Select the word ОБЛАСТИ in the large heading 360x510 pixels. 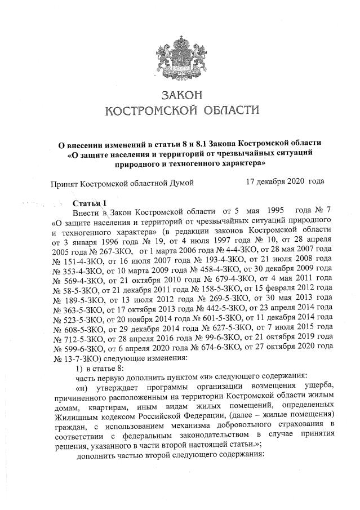pyautogui.click(x=229, y=109)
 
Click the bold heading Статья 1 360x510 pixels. pyautogui.click(x=88, y=202)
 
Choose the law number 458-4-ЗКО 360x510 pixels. pyautogui.click(x=216, y=271)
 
